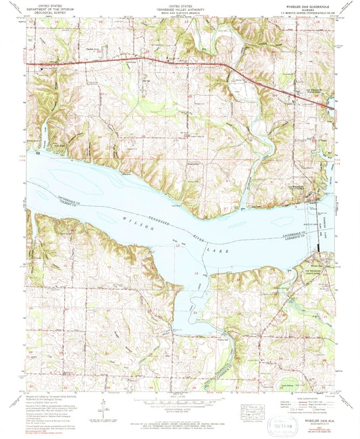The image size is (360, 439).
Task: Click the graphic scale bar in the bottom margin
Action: (x=179, y=403)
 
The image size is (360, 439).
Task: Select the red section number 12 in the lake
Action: (x=197, y=272)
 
